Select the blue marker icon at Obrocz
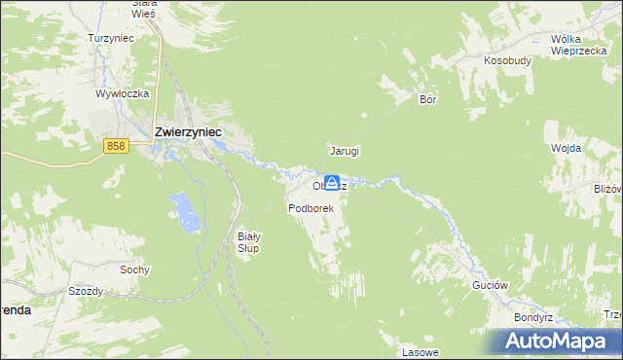(x=332, y=183)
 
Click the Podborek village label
(x=311, y=208)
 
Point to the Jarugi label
(x=345, y=151)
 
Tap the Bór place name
(x=426, y=99)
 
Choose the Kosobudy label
(x=507, y=59)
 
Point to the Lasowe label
(x=421, y=351)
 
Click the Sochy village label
(x=133, y=270)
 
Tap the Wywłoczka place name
(x=121, y=93)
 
